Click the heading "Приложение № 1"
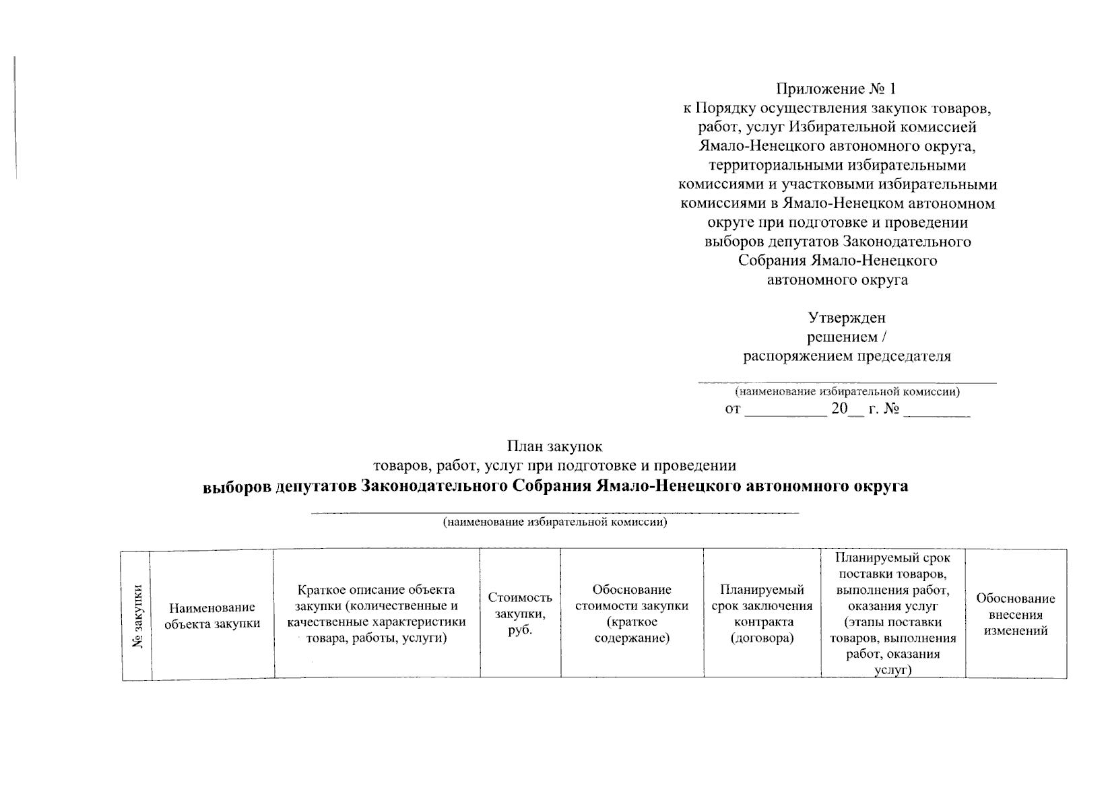tap(837, 89)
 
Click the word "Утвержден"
tap(847, 318)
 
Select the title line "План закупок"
tap(554, 446)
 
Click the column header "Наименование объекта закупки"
tap(212, 615)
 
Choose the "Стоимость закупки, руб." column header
tap(520, 613)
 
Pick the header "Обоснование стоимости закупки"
tap(632, 613)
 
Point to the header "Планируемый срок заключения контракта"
tap(762, 613)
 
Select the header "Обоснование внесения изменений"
tap(1016, 614)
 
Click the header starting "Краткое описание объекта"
tap(377, 613)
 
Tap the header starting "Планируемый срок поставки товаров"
tap(892, 613)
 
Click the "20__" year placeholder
tap(847, 409)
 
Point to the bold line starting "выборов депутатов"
tap(555, 486)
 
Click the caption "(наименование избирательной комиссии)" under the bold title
tap(554, 523)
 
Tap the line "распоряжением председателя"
tap(847, 356)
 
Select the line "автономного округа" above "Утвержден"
tap(837, 279)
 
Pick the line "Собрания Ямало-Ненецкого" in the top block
tap(837, 261)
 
